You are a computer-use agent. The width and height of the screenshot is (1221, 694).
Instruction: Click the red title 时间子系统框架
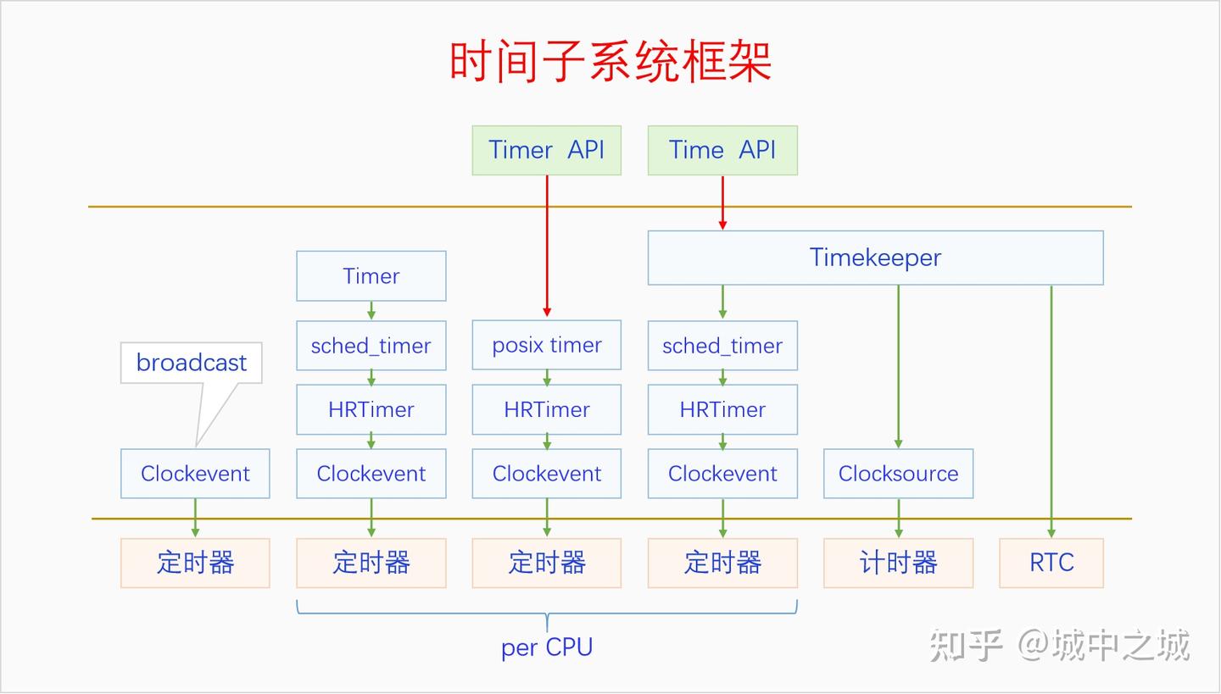tap(610, 62)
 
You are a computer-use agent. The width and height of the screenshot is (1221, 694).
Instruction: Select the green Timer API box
tap(546, 150)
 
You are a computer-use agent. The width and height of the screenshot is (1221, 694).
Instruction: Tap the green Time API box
tap(722, 150)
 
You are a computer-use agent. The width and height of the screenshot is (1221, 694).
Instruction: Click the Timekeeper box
tap(875, 258)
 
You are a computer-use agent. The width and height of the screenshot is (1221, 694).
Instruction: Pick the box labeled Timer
tap(371, 275)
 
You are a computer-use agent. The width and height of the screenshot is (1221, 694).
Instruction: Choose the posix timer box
tap(546, 345)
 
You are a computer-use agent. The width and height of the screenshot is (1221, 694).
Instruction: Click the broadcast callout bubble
tap(191, 363)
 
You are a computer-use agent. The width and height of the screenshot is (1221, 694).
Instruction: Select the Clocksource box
tap(898, 474)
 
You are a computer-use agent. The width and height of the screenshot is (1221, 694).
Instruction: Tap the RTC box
tap(1051, 563)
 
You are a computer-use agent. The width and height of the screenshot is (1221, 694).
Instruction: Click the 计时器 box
tap(898, 563)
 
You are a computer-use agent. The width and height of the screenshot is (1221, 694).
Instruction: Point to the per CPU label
tap(546, 647)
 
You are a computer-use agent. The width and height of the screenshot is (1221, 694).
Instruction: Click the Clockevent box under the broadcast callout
tap(195, 474)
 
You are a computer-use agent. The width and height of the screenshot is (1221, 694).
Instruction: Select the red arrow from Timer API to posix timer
tap(547, 246)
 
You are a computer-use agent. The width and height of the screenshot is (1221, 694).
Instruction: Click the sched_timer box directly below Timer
tap(371, 345)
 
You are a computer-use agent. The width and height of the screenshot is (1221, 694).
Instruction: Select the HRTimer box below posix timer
tap(546, 409)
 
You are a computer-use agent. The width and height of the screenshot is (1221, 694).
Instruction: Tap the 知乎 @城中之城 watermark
tap(1059, 646)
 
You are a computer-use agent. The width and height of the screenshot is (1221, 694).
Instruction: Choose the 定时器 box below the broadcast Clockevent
tap(195, 563)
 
